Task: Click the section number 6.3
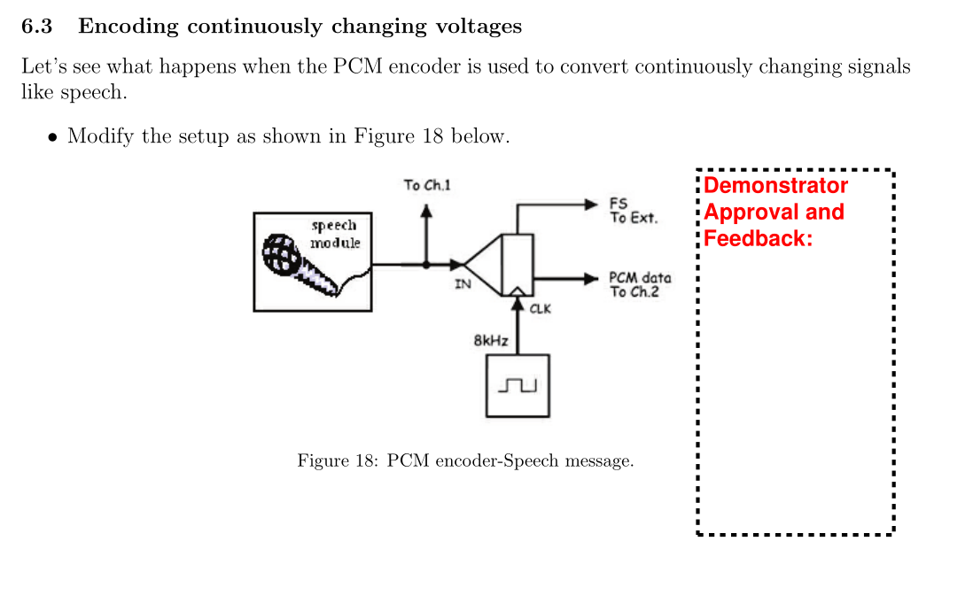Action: click(x=36, y=27)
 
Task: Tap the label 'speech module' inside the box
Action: click(x=334, y=234)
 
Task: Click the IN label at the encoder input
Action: click(x=463, y=284)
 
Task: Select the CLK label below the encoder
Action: click(x=540, y=309)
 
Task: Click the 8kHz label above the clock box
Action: click(x=491, y=340)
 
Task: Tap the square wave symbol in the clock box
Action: click(x=518, y=386)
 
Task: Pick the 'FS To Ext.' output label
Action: click(x=633, y=211)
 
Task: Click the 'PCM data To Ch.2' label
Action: click(x=639, y=284)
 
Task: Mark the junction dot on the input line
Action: click(x=426, y=264)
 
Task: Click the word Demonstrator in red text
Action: click(x=775, y=186)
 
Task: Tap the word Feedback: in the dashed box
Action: click(x=758, y=239)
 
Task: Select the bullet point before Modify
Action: click(x=53, y=137)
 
